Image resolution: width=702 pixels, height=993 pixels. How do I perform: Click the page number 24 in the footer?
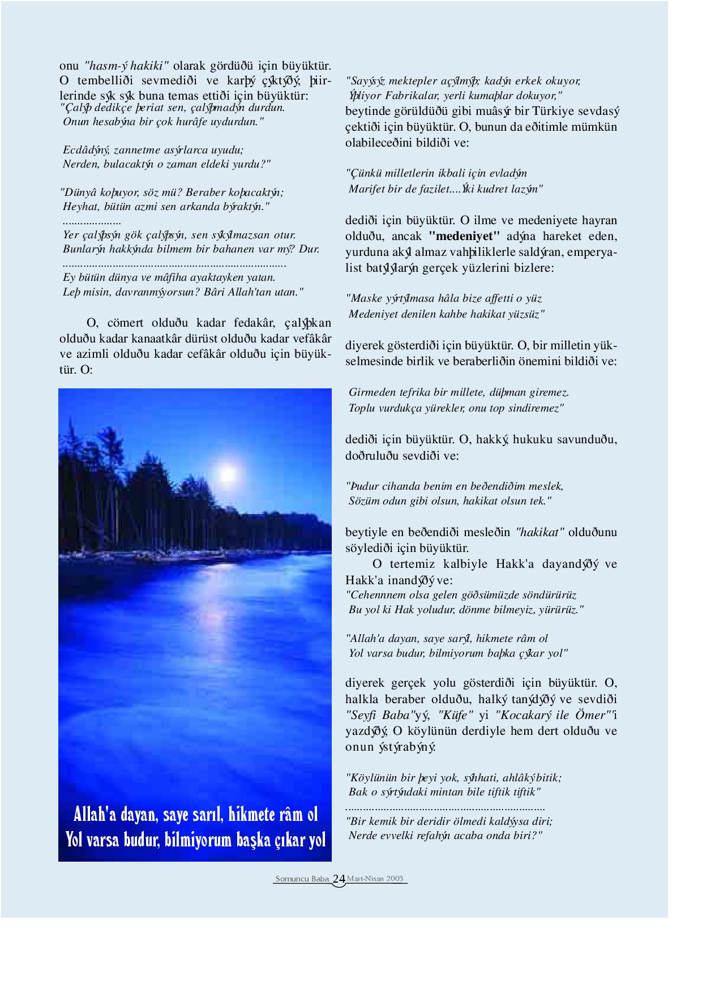[x=339, y=879]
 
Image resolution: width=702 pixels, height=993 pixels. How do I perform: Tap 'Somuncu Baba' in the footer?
[x=302, y=879]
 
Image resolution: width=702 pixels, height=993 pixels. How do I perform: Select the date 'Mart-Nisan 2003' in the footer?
[x=375, y=879]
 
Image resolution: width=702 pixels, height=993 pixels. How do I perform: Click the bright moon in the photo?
[x=228, y=473]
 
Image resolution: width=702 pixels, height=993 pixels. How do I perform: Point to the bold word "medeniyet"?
[x=464, y=236]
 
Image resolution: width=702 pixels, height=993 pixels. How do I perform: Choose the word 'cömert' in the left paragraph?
[x=125, y=323]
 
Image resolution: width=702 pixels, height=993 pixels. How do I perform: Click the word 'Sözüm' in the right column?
[x=365, y=501]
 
